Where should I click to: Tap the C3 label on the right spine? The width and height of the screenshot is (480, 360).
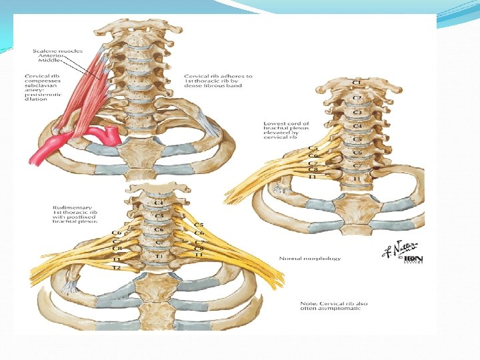coord(357,112)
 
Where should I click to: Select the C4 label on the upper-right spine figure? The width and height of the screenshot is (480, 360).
coord(357,125)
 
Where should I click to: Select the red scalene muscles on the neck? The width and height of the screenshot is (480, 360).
coord(87,93)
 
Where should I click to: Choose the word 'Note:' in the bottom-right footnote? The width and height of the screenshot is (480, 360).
coord(308,304)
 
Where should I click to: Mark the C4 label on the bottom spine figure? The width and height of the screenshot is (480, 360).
coord(158,202)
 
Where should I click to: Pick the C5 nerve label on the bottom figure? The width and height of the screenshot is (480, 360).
coord(198,225)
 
